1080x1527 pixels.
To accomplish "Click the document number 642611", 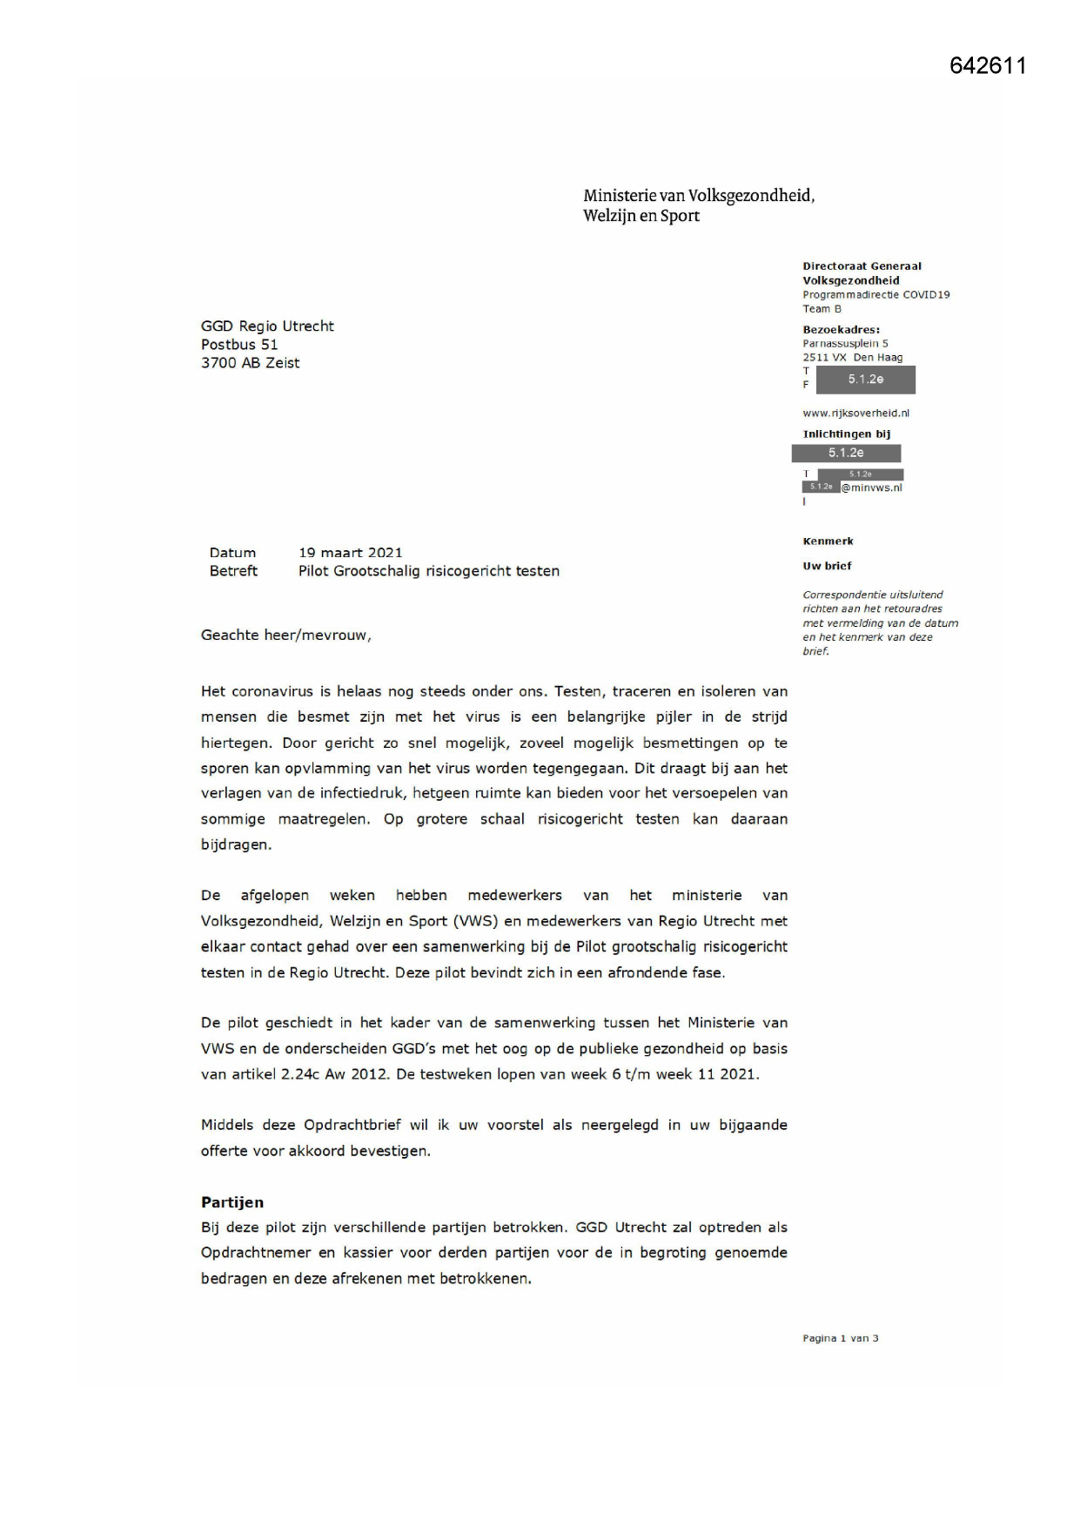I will pos(988,66).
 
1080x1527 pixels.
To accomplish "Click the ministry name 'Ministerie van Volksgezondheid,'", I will pos(699,196).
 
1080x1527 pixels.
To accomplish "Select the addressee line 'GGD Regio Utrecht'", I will pos(267,326).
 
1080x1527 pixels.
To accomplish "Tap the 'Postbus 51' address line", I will pos(239,345).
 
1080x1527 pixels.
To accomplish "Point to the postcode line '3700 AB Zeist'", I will pos(250,363).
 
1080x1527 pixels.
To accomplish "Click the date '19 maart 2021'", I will pos(350,553).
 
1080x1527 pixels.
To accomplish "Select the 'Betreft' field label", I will pos(233,571).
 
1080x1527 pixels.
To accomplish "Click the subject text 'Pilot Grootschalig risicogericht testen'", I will pos(428,571).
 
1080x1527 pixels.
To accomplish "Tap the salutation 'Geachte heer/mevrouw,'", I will pos(285,636).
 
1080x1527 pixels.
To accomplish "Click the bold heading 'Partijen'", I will pos(231,1202).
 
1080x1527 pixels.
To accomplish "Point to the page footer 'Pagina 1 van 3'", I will pos(840,1338).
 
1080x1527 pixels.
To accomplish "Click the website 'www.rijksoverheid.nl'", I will pos(855,414).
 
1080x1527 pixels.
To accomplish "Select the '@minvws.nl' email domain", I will pos(871,488).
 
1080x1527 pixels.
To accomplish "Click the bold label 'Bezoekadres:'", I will pos(841,330).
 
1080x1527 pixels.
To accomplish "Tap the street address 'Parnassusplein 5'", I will pos(845,344).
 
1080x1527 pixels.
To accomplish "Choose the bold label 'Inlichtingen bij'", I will pos(846,434).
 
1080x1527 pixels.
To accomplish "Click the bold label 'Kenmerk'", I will pos(828,542).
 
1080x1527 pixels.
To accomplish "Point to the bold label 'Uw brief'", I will pos(827,566).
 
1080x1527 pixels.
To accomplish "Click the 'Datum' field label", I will pos(232,553).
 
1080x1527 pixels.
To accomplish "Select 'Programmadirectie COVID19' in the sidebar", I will pos(875,295).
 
